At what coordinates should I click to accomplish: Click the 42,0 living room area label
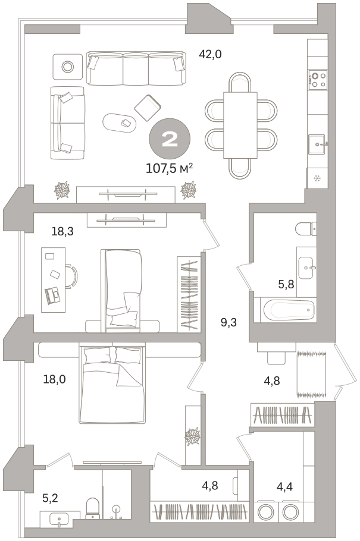click(x=210, y=54)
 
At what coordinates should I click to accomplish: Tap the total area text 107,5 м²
click(x=170, y=168)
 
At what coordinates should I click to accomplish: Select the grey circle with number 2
click(x=170, y=139)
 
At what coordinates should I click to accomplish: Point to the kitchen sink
click(x=317, y=144)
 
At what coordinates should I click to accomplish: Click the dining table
click(x=240, y=125)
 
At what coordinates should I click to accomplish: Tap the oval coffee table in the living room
click(x=119, y=122)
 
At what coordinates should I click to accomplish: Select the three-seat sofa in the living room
click(x=136, y=68)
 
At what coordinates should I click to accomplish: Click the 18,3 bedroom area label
click(x=62, y=231)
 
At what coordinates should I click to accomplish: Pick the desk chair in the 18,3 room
click(x=71, y=276)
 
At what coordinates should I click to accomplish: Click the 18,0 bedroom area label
click(x=55, y=379)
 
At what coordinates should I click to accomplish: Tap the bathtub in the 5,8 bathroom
click(x=289, y=310)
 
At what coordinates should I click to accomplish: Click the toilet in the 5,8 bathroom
click(x=306, y=228)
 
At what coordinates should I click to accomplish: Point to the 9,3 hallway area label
click(x=228, y=323)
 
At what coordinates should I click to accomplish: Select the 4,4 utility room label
click(x=284, y=487)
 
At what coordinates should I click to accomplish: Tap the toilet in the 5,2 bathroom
click(x=92, y=507)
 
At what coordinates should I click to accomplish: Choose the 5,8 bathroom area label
click(x=286, y=284)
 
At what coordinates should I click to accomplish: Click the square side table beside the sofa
click(x=68, y=66)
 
